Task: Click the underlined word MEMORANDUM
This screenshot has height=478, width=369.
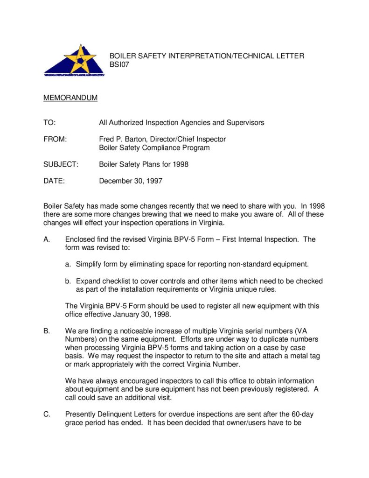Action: pos(70,98)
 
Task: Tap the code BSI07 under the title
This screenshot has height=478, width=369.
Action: pos(119,65)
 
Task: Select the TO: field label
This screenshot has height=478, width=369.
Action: pos(49,123)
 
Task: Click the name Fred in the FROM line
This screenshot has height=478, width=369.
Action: pos(107,139)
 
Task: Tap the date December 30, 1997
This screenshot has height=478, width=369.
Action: pos(131,181)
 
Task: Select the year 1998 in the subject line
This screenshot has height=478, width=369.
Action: pos(180,164)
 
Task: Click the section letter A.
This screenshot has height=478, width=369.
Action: pos(46,239)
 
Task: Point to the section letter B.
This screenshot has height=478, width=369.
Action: pos(46,331)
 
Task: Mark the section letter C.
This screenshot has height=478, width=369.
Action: pos(47,414)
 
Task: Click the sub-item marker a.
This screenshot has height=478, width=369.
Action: pos(68,264)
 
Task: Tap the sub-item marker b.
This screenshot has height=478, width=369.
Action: pos(68,281)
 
